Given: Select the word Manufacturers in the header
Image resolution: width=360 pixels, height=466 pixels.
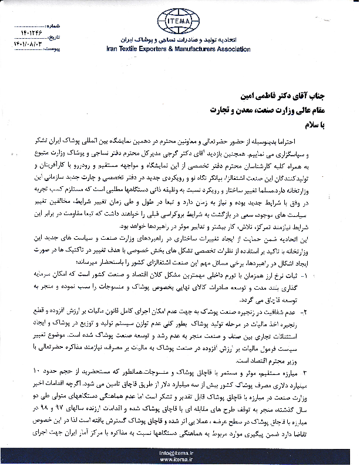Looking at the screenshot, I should tap(197, 50).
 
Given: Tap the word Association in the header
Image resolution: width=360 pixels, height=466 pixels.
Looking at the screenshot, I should tap(235, 50).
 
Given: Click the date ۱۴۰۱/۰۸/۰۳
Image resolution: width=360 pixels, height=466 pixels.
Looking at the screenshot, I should tap(19, 43).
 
